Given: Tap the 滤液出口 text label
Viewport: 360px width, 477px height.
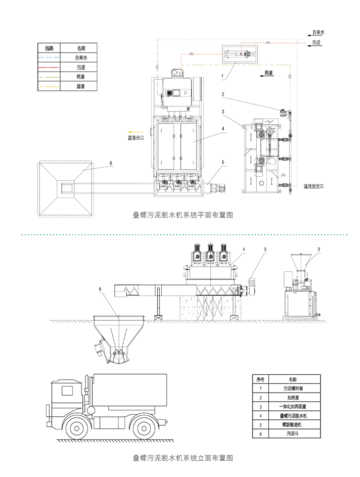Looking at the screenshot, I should [x=137, y=138].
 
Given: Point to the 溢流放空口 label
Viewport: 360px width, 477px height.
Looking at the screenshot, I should [x=314, y=186].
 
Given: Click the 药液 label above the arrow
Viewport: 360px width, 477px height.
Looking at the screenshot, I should [x=269, y=72].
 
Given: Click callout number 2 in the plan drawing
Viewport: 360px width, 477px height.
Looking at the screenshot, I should [x=223, y=95].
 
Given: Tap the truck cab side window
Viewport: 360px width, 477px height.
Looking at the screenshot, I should [x=67, y=391].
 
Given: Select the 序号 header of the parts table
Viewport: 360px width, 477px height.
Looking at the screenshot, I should [x=259, y=378].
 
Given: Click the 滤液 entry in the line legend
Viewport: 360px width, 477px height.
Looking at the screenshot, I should [x=81, y=85].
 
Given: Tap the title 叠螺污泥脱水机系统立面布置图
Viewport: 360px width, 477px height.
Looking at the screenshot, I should [x=182, y=458].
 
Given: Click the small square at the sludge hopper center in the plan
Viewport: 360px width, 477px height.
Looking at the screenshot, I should [x=67, y=187].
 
